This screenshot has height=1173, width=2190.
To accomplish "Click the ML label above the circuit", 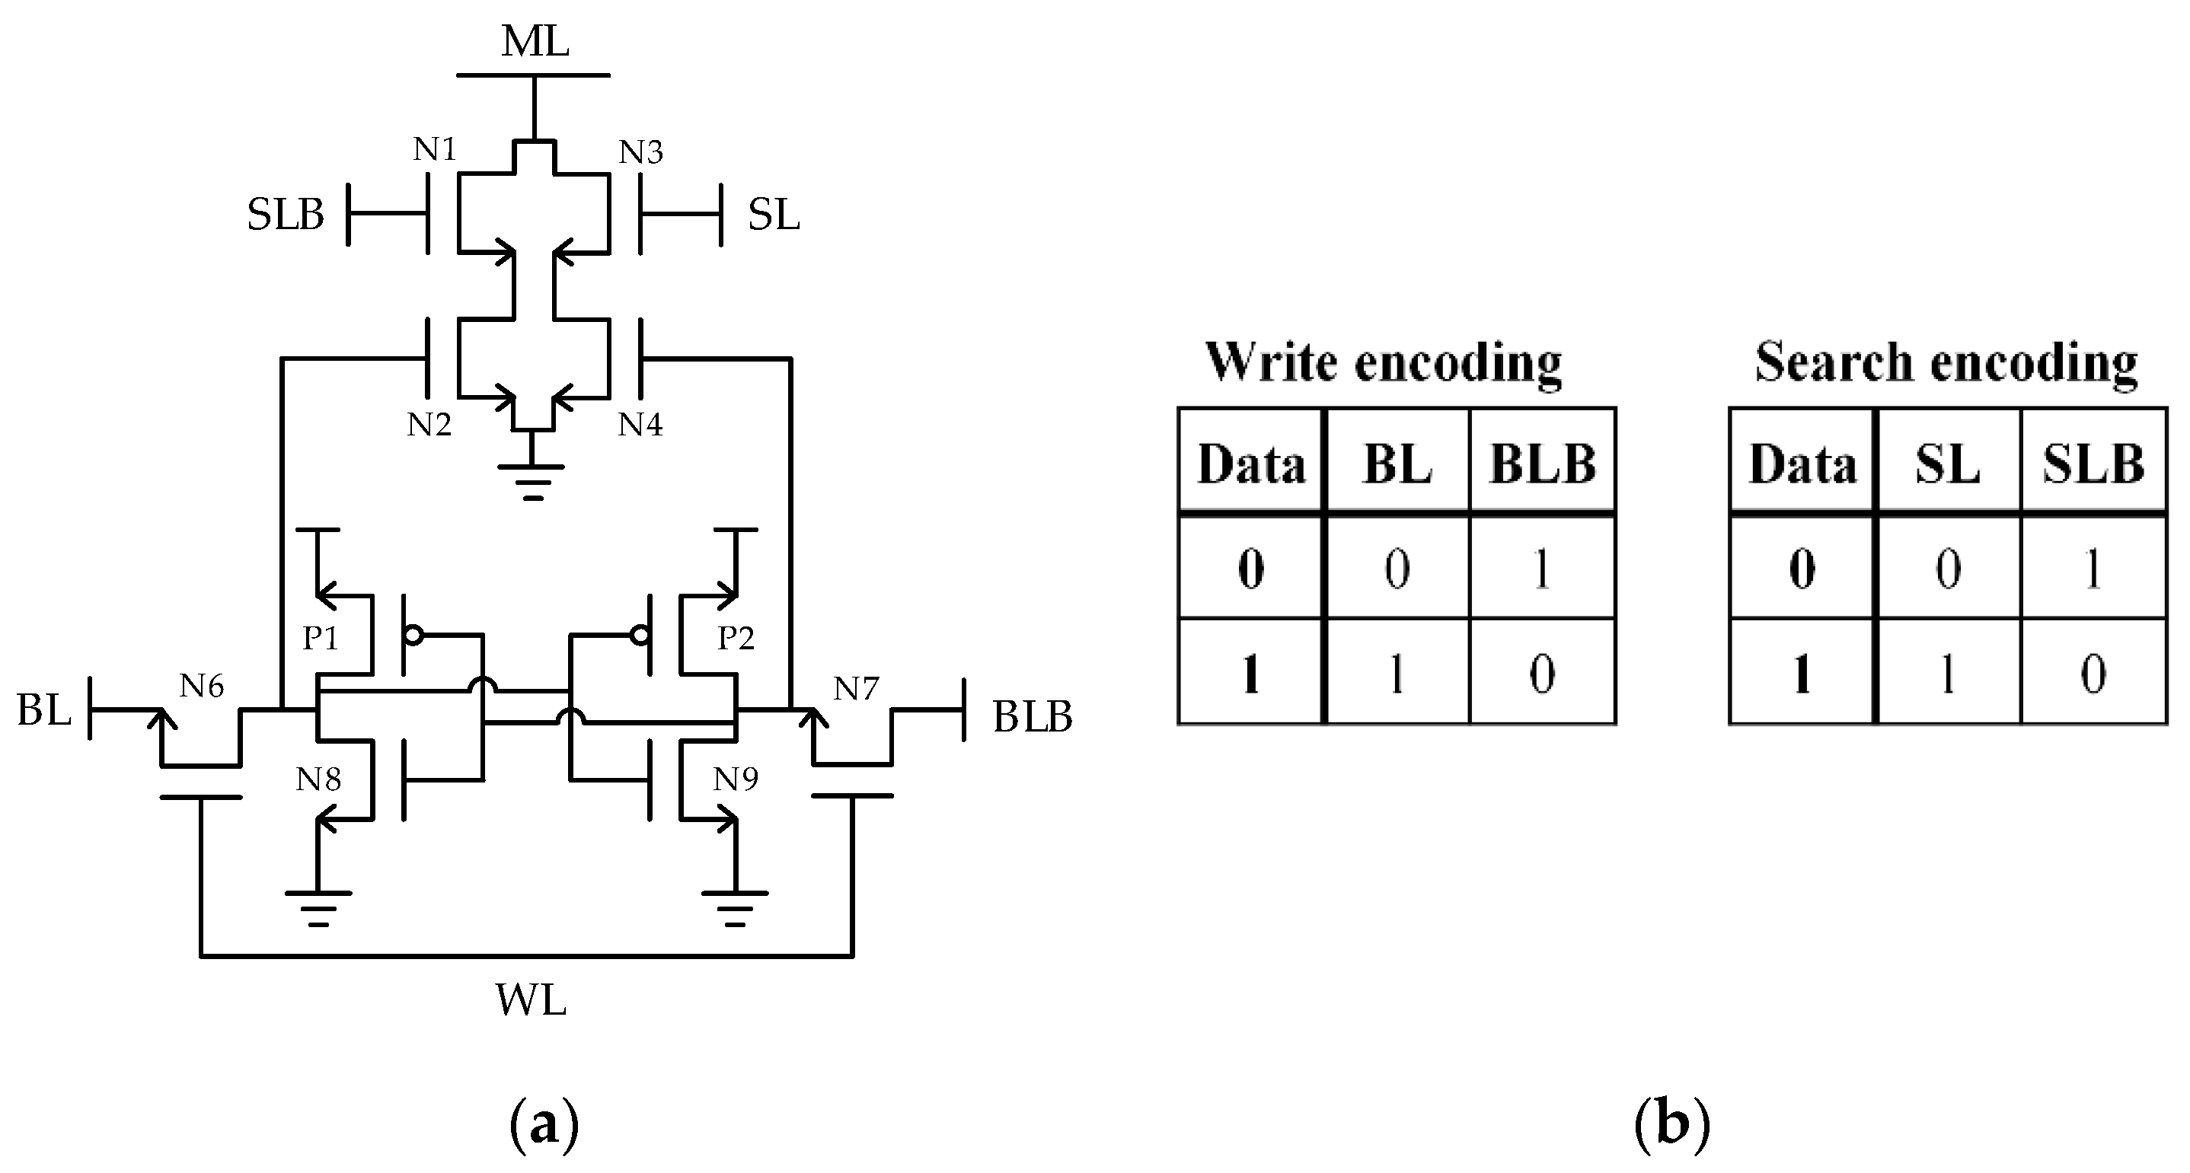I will coord(534,41).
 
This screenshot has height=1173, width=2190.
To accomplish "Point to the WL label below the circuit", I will coord(531,1000).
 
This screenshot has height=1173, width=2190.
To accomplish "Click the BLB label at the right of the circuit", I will coord(1032,716).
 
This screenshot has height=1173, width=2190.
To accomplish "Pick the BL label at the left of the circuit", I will coord(43,709).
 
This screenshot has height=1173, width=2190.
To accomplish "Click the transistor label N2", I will coord(429,424).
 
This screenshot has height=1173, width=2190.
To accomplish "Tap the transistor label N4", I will coord(640,424).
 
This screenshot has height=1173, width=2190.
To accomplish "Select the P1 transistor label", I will coord(321,638).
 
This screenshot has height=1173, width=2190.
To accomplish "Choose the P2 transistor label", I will coord(736,638).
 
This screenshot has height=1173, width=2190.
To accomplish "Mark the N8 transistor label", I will coord(318,779).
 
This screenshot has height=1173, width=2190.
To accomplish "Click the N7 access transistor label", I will coord(855,688).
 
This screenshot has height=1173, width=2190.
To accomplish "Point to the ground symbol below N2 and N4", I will coord(532,481).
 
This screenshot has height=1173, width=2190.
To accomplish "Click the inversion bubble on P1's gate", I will coord(413,635).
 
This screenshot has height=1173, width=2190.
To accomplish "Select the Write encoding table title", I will coord(1383,363).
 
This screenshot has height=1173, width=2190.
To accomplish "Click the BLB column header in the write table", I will coord(1542,464).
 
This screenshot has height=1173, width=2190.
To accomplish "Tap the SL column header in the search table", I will coord(1947,464).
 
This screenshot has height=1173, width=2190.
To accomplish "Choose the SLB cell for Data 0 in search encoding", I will coord(2093,569).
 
